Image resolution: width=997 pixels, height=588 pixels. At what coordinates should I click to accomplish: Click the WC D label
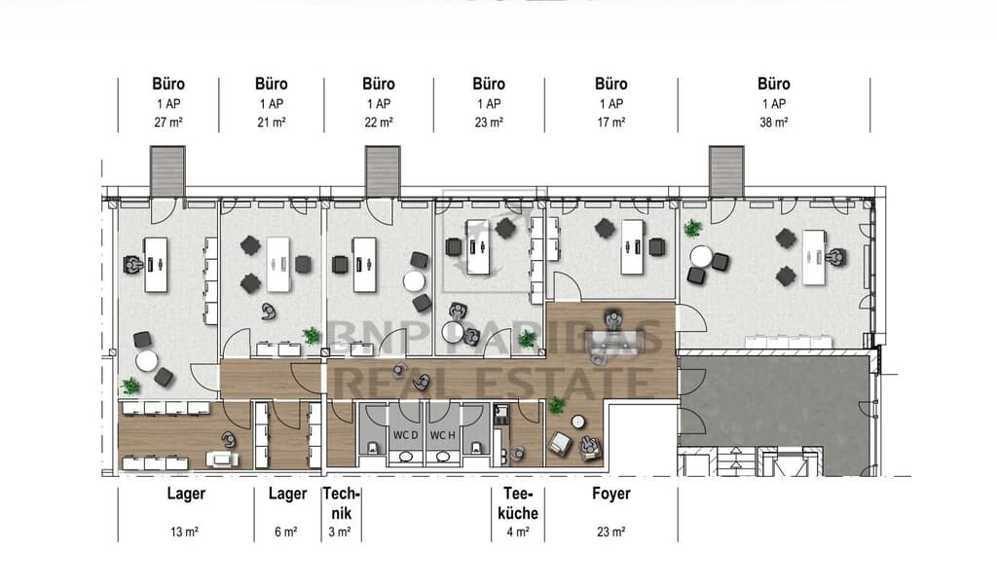click(405, 435)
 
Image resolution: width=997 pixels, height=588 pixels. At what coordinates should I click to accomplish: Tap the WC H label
click(443, 435)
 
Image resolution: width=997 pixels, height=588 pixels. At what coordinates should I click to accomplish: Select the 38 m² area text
click(774, 122)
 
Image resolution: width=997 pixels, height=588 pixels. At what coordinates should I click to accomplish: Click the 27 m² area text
click(168, 122)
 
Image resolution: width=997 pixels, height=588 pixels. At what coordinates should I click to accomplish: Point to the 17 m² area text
click(611, 122)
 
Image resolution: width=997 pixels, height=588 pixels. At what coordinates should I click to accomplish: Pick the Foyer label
click(611, 494)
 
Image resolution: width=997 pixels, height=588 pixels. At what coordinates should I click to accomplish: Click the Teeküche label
click(518, 503)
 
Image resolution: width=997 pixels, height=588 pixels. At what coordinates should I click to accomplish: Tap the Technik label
click(342, 503)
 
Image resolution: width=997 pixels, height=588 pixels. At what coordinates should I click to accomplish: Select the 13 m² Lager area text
click(184, 532)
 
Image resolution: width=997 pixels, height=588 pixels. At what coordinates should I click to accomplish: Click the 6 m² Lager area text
click(285, 532)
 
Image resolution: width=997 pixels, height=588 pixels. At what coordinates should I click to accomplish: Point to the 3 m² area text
click(340, 532)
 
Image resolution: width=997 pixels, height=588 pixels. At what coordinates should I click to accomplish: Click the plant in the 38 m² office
click(692, 228)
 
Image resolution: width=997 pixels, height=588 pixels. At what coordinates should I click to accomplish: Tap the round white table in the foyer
click(578, 422)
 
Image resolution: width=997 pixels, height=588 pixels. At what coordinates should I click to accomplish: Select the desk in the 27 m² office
click(156, 265)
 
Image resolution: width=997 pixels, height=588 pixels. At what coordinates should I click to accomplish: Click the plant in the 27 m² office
click(130, 386)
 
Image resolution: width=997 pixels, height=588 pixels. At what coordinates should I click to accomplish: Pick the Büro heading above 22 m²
click(379, 84)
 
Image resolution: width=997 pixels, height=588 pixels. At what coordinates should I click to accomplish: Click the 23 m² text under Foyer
click(610, 532)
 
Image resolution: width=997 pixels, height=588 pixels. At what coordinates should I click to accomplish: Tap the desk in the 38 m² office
click(814, 257)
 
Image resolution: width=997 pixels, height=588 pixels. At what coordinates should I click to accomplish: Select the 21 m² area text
click(272, 122)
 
